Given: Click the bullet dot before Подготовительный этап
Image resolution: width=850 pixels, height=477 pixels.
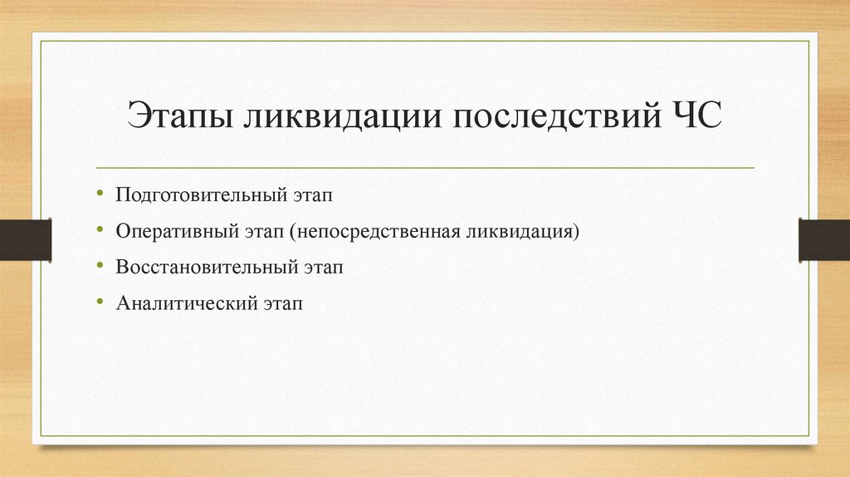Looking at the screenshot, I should [100, 194].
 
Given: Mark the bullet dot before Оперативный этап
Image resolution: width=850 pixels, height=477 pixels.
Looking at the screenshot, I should [100, 230].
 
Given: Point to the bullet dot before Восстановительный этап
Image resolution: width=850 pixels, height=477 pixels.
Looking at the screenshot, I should [100, 266].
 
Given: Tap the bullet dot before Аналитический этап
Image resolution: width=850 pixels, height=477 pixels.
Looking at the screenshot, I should [100, 302].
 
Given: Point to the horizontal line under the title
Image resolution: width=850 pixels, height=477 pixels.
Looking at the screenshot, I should [425, 168].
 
